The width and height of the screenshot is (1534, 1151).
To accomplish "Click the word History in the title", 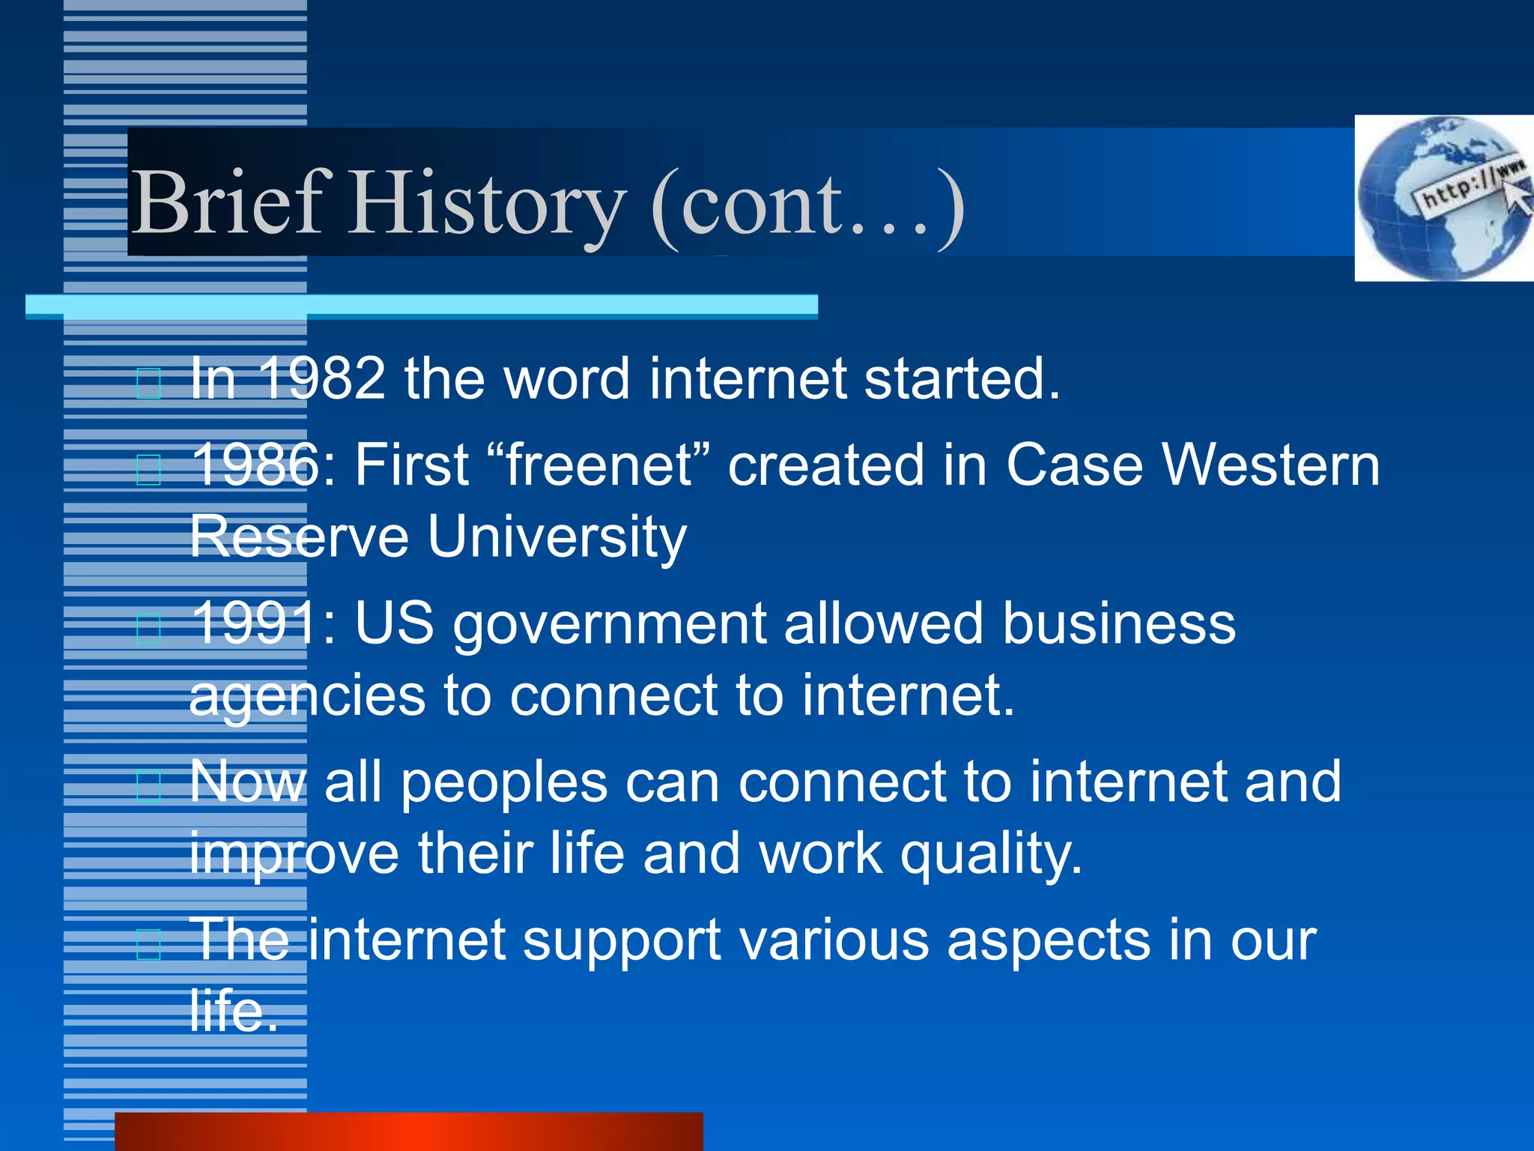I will pyautogui.click(x=487, y=204).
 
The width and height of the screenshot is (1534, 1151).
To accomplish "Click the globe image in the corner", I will pyautogui.click(x=1443, y=199).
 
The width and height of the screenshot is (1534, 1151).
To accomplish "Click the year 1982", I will pyautogui.click(x=322, y=378).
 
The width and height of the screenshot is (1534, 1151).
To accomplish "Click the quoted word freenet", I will pyautogui.click(x=599, y=465).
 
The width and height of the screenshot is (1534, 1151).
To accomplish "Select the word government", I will pyautogui.click(x=610, y=625).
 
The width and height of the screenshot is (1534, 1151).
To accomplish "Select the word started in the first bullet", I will pyautogui.click(x=962, y=378).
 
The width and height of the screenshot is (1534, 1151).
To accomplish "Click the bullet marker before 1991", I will pyautogui.click(x=149, y=628).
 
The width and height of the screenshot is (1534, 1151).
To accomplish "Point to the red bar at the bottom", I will pyautogui.click(x=409, y=1132).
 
